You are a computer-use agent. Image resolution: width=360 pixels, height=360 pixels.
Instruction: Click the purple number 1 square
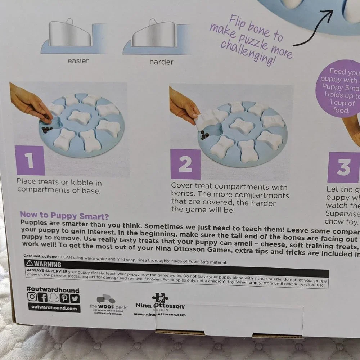[31, 161]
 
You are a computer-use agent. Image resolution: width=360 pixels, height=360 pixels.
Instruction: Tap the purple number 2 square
[185, 164]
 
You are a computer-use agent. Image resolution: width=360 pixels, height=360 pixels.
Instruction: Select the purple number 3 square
[343, 167]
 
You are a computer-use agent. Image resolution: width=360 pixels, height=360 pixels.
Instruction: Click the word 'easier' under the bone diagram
[78, 61]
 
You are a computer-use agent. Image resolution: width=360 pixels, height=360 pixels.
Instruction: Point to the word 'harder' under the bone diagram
[161, 62]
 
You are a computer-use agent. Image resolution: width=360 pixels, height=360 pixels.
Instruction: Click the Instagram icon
[32, 298]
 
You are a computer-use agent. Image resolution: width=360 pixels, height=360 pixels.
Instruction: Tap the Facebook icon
[43, 298]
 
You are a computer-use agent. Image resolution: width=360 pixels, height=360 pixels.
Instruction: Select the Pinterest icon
[64, 298]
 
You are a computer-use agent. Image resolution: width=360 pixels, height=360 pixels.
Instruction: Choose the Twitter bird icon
[75, 298]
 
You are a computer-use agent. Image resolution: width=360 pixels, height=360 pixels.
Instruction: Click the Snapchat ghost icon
[54, 298]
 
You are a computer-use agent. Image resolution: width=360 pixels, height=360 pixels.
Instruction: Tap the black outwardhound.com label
[54, 308]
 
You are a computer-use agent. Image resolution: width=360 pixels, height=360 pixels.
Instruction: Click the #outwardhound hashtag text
[53, 290]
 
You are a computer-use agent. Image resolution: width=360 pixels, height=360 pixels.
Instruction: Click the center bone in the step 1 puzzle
[79, 117]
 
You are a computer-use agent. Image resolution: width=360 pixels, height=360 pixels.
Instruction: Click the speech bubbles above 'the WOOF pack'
[106, 299]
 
